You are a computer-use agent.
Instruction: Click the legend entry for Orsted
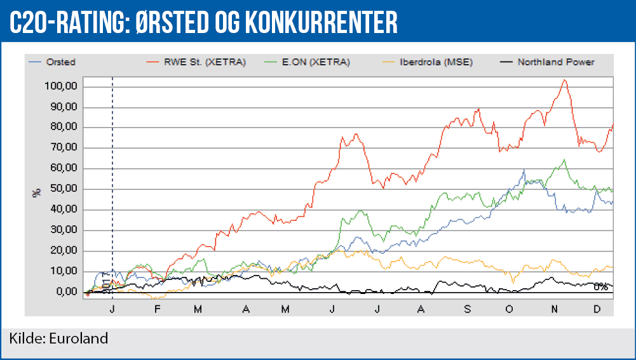pos(61,62)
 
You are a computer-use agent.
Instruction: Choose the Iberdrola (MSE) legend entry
pos(436,62)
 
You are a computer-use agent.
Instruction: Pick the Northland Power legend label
pos(555,62)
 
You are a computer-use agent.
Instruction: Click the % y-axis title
pos(36,190)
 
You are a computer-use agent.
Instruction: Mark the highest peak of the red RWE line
pos(564,80)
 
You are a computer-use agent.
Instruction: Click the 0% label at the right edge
pos(600,287)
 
